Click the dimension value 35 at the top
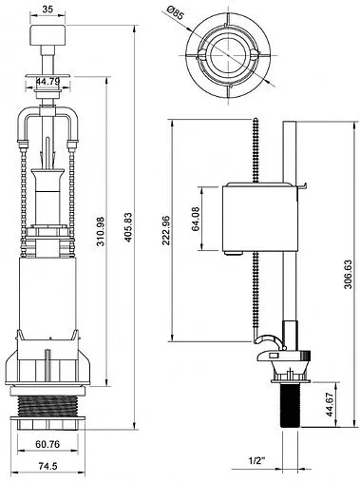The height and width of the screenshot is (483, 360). coord(47,10)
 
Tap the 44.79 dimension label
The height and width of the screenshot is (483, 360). coord(47,82)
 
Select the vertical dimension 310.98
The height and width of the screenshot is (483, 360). coord(101,231)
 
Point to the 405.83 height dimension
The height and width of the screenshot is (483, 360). coord(128,227)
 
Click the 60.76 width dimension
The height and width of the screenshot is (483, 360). coord(47,445)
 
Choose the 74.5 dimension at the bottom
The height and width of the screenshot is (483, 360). coord(47,466)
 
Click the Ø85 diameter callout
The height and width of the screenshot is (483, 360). coord(175,13)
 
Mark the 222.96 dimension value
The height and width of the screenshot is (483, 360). coord(166,231)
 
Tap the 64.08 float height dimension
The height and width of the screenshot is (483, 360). coord(196,219)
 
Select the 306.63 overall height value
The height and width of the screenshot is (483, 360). coord(348,274)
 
